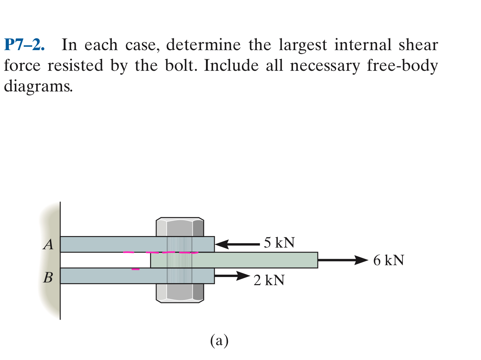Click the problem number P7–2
tap(24, 45)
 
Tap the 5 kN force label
tap(279, 243)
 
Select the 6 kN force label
tap(389, 260)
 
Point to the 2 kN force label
tap(269, 280)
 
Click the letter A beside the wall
tap(49, 244)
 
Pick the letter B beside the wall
tap(48, 277)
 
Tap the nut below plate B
tap(180, 293)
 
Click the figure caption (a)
tap(219, 340)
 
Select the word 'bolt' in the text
tap(180, 66)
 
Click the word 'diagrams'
tap(38, 87)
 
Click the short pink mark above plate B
tap(135, 269)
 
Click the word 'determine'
tap(203, 45)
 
